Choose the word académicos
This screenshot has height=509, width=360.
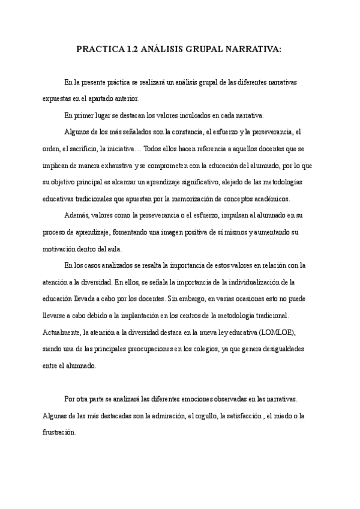click(x=268, y=199)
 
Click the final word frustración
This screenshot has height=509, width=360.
click(x=59, y=432)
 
